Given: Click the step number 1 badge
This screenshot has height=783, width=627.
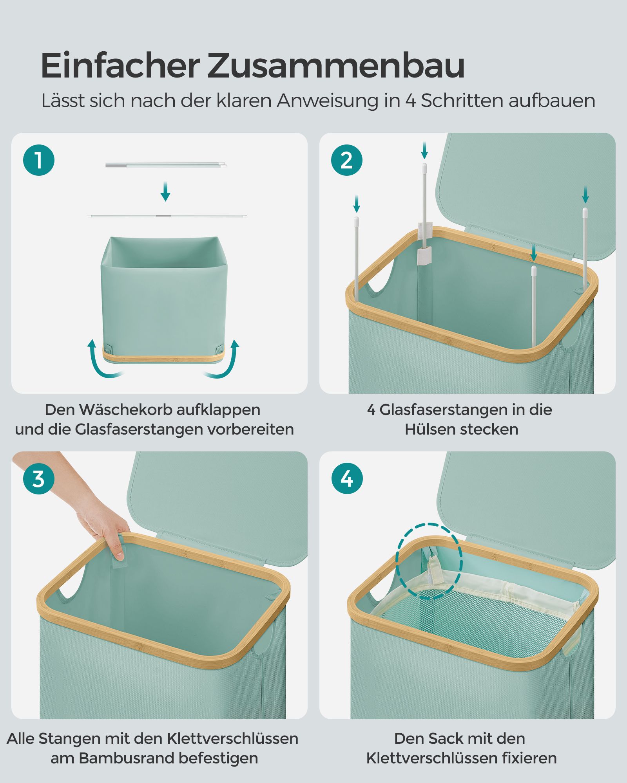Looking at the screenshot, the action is [38, 160].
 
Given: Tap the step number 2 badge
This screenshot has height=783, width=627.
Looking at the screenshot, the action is [347, 160].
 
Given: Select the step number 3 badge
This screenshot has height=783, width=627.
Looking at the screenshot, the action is [38, 479].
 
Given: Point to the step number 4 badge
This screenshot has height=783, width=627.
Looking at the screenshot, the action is [347, 479].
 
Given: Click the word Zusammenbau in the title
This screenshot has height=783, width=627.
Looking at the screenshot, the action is [336, 65].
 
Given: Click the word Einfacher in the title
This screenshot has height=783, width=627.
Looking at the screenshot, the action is [120, 65].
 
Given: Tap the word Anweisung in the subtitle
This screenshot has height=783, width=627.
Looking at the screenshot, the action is [328, 101].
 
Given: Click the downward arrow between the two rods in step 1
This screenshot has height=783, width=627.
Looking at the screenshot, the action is [165, 191].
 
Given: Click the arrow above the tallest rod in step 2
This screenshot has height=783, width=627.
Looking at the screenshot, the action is [424, 150].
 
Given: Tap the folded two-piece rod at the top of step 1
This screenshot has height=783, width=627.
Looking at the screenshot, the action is [166, 165].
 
